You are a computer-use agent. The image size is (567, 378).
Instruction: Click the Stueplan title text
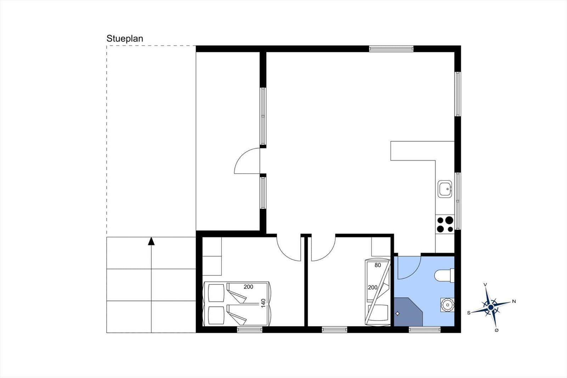pos(125,39)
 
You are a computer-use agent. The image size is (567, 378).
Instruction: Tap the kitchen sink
pos(445,189)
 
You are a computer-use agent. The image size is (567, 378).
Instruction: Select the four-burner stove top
pos(445,224)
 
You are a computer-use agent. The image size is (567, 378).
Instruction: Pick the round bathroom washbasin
pos(447,305)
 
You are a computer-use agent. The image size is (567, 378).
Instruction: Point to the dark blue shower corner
pos(408,312)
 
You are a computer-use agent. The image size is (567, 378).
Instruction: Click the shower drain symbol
pos(397,314)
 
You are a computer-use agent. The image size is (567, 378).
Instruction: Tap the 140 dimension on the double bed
pos(263,303)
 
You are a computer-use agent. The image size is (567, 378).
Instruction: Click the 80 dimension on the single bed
pos(378,265)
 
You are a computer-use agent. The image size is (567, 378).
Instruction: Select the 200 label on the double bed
pos(248,287)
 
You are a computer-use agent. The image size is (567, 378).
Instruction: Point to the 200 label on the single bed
pos(372,288)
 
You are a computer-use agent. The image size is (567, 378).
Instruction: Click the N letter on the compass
pos(514,301)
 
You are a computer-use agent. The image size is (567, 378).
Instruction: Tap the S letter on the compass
pos(468,313)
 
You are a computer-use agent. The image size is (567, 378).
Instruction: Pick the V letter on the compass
pos(485,285)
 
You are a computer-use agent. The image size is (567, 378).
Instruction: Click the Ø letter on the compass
pos(496,330)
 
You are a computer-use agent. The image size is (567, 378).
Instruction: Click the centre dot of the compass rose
pos(491,307)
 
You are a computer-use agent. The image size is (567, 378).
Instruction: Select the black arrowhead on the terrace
pos(151,241)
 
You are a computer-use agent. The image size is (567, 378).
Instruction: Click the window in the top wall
pos(391,49)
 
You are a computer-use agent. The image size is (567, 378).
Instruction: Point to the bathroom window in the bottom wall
pos(425,330)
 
